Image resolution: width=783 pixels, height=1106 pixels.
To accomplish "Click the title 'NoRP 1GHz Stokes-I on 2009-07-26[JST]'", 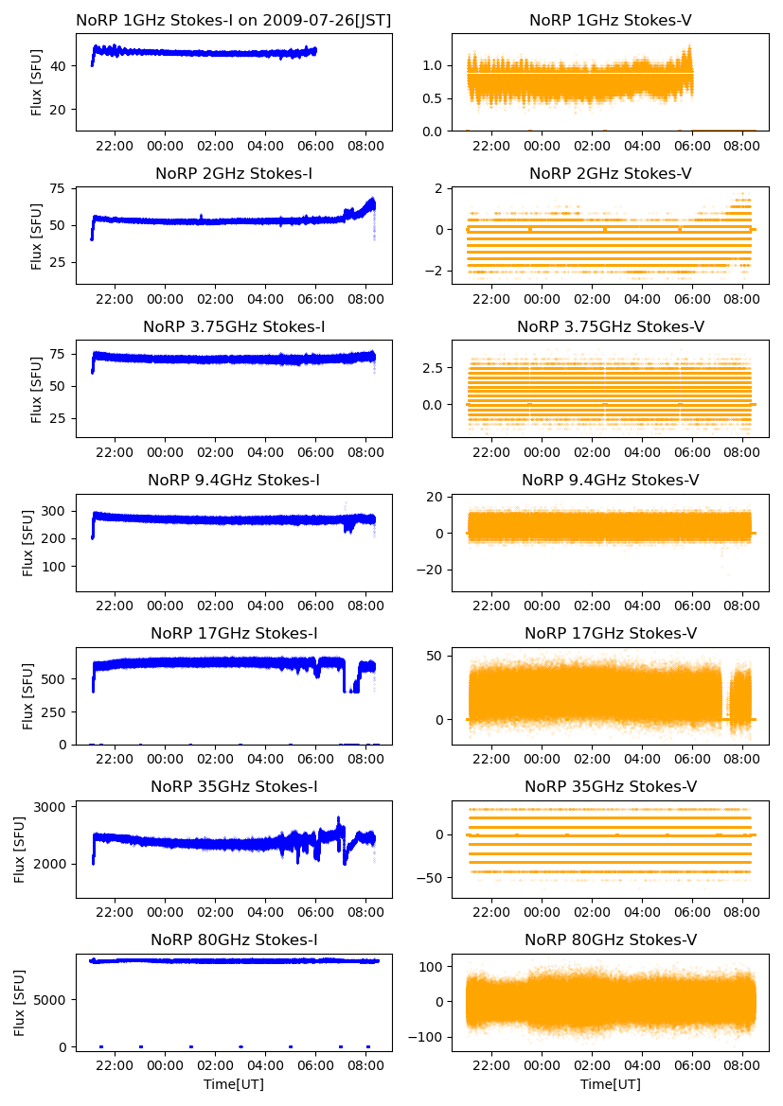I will [x=234, y=20].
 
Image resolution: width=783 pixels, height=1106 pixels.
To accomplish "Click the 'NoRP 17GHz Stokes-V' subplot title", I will [x=611, y=633].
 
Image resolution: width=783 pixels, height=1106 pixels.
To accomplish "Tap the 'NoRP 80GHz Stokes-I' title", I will [x=234, y=939].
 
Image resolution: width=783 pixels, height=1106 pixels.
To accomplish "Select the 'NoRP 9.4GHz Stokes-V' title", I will [x=611, y=480].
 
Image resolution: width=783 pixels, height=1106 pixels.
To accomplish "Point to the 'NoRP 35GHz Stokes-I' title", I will [x=234, y=786].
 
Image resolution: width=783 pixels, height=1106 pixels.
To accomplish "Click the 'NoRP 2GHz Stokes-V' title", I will [x=611, y=173].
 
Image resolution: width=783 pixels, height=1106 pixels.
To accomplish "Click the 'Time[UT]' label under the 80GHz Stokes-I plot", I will [x=234, y=1084].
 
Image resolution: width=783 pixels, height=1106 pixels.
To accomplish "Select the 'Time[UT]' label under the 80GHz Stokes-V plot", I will [x=611, y=1084].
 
